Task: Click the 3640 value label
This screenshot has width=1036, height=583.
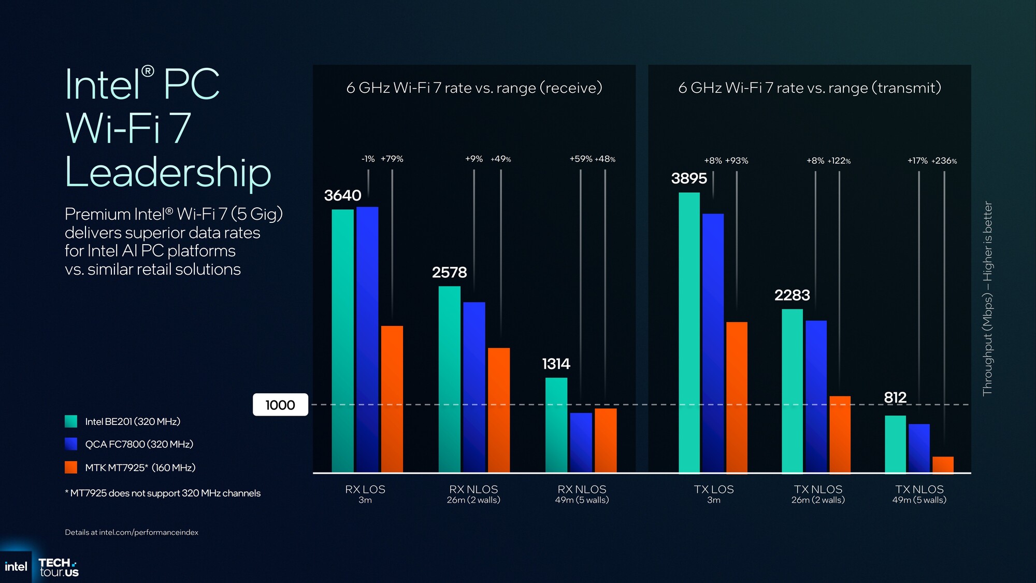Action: (342, 195)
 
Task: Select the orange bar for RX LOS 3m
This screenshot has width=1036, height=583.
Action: (392, 399)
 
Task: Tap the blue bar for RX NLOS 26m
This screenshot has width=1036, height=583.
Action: (474, 387)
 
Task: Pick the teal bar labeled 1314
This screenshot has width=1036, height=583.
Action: (556, 424)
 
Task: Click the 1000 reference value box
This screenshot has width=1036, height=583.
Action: (280, 405)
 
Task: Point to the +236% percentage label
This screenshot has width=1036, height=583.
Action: (944, 161)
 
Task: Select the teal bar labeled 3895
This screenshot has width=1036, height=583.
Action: (689, 332)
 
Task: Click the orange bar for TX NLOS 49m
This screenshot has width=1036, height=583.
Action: (943, 464)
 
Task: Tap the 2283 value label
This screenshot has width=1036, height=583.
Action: (792, 295)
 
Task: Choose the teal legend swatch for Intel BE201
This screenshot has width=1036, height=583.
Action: (71, 421)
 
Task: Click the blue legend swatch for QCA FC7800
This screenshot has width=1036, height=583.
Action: (71, 444)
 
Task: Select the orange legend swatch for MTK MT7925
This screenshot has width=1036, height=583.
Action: (71, 467)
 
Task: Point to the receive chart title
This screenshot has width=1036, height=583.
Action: (474, 88)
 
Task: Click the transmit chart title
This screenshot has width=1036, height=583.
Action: (810, 88)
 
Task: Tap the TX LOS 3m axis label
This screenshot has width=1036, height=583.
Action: (714, 494)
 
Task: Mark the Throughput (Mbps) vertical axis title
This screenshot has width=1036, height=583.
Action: (988, 298)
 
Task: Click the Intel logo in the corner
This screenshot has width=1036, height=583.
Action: (16, 566)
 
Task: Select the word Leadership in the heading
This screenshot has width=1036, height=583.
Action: (168, 173)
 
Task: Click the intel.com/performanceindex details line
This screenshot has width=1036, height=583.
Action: (132, 532)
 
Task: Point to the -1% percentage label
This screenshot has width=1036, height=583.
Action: (368, 159)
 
